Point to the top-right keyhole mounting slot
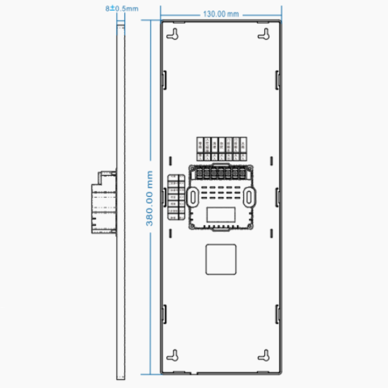(264, 34)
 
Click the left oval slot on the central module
(192, 197)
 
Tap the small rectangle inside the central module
(221, 215)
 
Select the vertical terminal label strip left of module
(173, 197)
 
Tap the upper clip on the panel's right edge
(278, 80)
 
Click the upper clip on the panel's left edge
(164, 80)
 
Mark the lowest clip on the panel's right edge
(278, 314)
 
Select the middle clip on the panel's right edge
(278, 197)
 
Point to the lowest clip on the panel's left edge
(164, 314)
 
